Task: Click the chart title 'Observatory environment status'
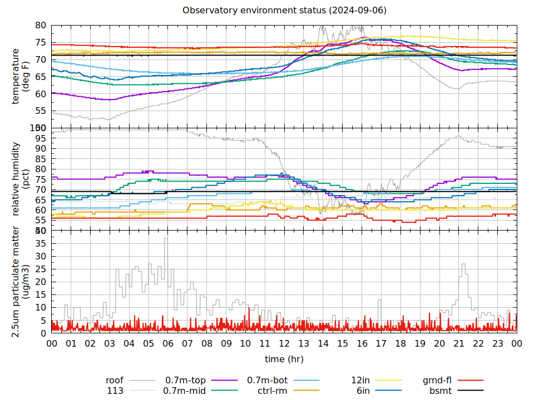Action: pos(284,11)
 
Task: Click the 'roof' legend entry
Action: pos(115,381)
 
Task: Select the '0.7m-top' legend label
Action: pos(185,381)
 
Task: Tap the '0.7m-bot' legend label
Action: pos(268,381)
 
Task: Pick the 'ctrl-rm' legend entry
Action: pos(272,391)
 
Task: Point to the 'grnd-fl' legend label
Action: pos(437,381)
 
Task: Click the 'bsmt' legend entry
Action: pos(440,391)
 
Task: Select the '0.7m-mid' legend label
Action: pos(185,391)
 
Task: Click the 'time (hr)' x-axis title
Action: pos(284,359)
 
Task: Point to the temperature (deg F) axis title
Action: pos(21,76)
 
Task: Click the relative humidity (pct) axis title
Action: pos(21,179)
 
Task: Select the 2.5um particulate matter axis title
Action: pos(21,282)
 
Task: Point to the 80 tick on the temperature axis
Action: pos(41,26)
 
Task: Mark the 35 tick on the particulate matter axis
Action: pos(41,243)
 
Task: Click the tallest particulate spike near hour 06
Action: pos(166,239)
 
